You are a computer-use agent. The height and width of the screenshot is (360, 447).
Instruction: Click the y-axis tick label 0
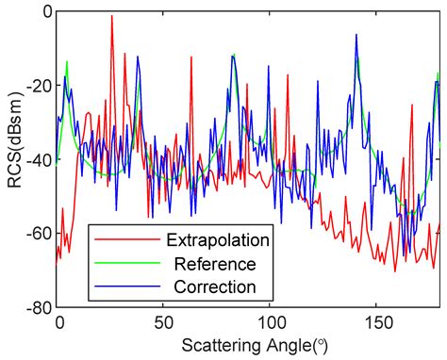(x=43, y=12)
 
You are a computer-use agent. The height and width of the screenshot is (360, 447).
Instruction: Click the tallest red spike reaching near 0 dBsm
(x=112, y=16)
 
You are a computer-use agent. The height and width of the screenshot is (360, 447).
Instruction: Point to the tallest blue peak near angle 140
(x=356, y=35)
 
